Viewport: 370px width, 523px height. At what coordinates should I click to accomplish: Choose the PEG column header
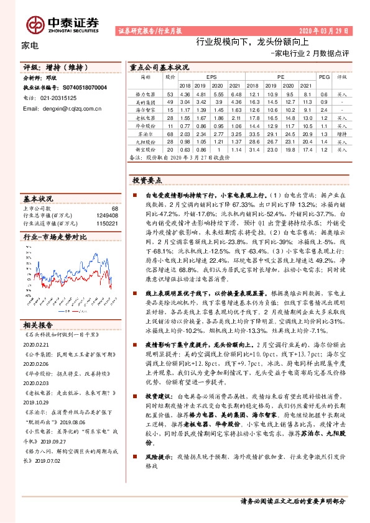(x=323, y=77)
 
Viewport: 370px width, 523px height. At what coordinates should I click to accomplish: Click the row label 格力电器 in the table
(x=144, y=93)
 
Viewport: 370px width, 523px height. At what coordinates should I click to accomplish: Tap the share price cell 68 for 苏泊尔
(x=170, y=133)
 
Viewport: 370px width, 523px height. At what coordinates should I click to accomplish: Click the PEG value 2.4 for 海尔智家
(x=323, y=109)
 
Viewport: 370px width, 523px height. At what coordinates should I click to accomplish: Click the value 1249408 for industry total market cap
(x=106, y=216)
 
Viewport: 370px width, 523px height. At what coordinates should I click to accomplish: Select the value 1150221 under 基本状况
(x=106, y=222)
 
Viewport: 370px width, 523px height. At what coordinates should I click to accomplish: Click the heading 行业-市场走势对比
(x=55, y=237)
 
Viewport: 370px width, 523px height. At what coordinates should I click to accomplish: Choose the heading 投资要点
(x=147, y=180)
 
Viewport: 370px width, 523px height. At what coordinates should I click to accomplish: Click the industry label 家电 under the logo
(x=30, y=45)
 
